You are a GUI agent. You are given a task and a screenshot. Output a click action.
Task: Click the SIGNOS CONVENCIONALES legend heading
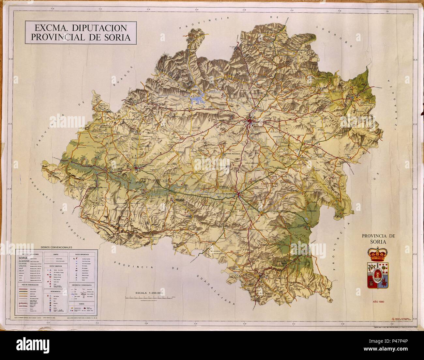coord(56,248)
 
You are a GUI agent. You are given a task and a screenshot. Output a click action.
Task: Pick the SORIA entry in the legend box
coord(23,258)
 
